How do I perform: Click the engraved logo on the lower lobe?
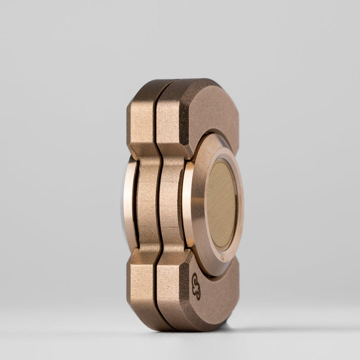point(196,286)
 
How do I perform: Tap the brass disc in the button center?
point(221,205)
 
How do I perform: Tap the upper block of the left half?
point(142,119)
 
